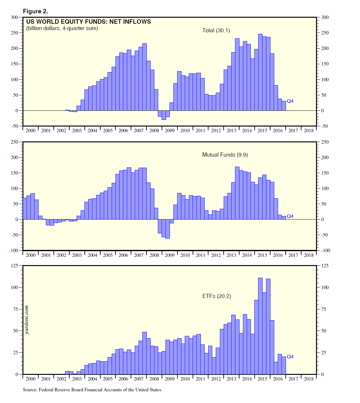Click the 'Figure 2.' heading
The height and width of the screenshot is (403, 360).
pyautogui.click(x=35, y=11)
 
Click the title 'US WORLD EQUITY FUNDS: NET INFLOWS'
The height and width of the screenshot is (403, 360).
pyautogui.click(x=89, y=22)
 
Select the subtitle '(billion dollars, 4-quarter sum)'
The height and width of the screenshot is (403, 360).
pyautogui.click(x=62, y=28)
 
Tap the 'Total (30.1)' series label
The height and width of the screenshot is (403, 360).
pyautogui.click(x=216, y=30)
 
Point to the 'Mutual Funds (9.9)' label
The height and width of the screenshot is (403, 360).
pyautogui.click(x=225, y=155)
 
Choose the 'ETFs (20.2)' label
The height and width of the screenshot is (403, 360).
pyautogui.click(x=217, y=296)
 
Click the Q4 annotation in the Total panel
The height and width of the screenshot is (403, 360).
pyautogui.click(x=290, y=101)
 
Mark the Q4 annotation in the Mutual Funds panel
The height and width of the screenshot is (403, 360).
pyautogui.click(x=290, y=216)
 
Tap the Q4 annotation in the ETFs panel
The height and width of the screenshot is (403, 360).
pyautogui.click(x=290, y=357)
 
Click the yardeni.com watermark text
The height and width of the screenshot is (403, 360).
pyautogui.click(x=27, y=320)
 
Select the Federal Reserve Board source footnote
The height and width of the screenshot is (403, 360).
pyautogui.click(x=92, y=390)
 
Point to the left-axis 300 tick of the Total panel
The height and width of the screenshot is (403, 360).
pyautogui.click(x=15, y=17)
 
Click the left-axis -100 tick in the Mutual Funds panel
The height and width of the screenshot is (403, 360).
pyautogui.click(x=14, y=250)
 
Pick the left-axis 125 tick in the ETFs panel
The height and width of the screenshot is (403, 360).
pyautogui.click(x=15, y=265)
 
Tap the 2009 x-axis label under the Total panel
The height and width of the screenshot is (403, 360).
pyautogui.click(x=170, y=130)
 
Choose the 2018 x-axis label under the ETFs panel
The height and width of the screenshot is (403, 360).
pyautogui.click(x=308, y=379)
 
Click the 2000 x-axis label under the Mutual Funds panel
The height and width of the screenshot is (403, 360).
pyautogui.click(x=30, y=255)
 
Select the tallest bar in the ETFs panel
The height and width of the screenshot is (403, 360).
pyautogui.click(x=260, y=326)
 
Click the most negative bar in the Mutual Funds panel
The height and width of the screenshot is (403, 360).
pyautogui.click(x=168, y=229)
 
